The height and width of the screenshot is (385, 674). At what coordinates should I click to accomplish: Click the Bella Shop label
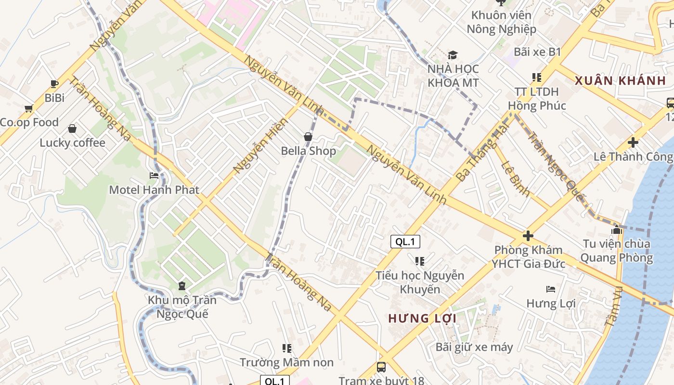point(309,151)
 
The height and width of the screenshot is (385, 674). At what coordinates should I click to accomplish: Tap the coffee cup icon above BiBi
point(54,84)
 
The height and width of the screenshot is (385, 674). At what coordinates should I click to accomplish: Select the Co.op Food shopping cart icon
point(29,109)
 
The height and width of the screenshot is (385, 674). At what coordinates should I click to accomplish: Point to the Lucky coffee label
point(72,143)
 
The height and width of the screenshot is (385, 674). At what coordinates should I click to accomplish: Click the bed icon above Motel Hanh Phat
point(154,176)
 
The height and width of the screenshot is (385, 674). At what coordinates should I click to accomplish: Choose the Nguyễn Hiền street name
point(260,145)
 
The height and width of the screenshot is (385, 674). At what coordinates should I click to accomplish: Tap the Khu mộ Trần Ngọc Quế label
point(182,307)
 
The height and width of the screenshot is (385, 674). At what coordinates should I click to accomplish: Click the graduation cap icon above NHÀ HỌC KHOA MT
point(453,55)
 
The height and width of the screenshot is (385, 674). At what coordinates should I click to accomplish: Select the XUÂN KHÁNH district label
point(621,81)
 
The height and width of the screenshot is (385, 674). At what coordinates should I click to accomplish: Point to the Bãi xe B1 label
point(537,52)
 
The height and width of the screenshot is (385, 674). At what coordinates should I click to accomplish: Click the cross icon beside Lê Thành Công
point(633,142)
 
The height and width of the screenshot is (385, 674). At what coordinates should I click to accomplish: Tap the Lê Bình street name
point(516,179)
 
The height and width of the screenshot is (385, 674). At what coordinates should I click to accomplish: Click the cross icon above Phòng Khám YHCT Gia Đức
point(528,236)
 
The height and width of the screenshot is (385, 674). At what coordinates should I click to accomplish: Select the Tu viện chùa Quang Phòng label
point(616,251)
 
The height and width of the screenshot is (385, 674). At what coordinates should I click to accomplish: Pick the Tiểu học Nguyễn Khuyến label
point(420,282)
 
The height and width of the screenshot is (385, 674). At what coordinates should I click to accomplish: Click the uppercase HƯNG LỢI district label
point(422,319)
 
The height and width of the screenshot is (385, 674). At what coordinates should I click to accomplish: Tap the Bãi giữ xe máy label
point(474,347)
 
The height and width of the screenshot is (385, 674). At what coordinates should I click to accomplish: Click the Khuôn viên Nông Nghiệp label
point(501,22)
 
